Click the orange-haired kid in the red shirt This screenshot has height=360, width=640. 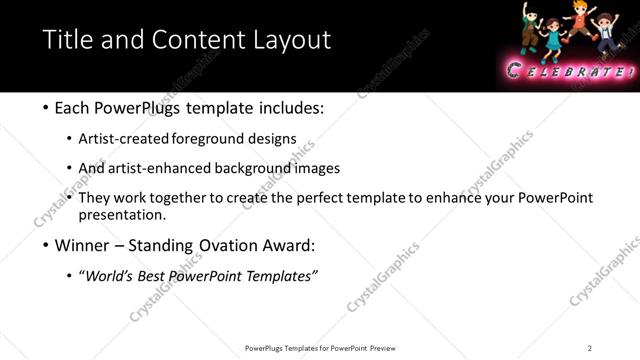578,22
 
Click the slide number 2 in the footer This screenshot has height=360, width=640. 589,348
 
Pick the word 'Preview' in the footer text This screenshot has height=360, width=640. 383,348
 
